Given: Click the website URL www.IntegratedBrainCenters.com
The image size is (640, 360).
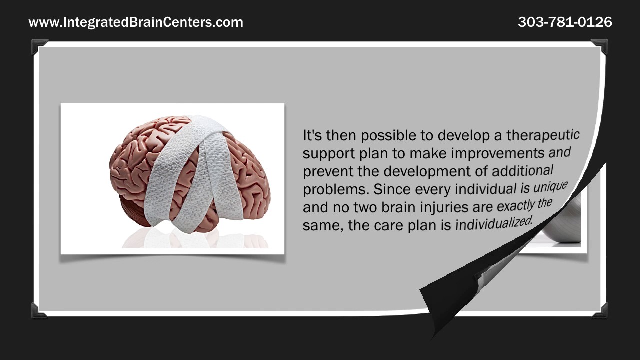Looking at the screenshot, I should (x=136, y=22).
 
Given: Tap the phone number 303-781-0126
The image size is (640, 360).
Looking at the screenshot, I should (x=565, y=22).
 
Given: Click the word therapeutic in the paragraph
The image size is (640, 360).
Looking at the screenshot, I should (x=543, y=135).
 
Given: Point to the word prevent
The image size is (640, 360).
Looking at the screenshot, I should (x=328, y=171).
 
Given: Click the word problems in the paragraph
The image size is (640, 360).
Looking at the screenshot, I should (x=336, y=190).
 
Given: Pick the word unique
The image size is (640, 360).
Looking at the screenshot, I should (x=550, y=187).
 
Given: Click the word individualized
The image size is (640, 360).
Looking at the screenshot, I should (x=494, y=223).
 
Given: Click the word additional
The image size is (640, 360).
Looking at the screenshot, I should (x=522, y=170).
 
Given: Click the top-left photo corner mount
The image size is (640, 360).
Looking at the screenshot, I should (x=39, y=46).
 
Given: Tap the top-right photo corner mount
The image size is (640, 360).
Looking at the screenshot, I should (x=599, y=46).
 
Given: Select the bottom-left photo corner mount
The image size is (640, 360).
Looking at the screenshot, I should (x=39, y=310).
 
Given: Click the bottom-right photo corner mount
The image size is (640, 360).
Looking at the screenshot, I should (x=599, y=310).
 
